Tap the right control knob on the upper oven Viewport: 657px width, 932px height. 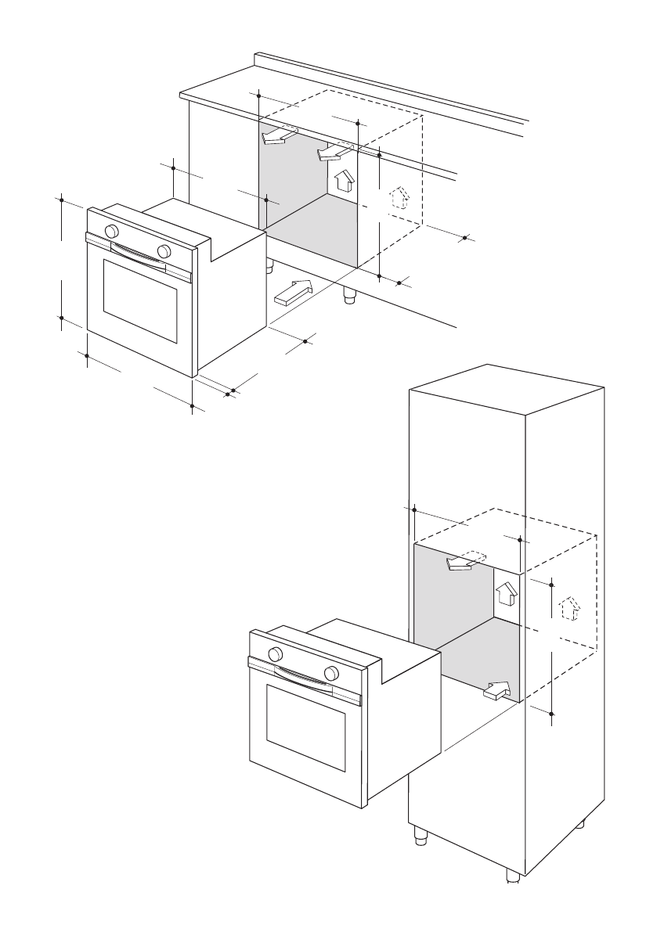point(164,250)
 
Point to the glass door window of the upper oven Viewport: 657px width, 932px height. point(140,300)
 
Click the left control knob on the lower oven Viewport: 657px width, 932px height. point(275,654)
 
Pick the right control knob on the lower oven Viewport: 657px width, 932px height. point(331,673)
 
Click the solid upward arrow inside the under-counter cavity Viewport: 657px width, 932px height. point(343,181)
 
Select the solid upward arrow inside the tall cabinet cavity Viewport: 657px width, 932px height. point(507,593)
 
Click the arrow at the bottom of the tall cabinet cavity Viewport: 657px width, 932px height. point(497,690)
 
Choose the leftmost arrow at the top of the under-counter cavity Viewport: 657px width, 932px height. point(276,136)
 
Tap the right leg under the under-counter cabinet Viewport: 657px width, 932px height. point(349,295)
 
